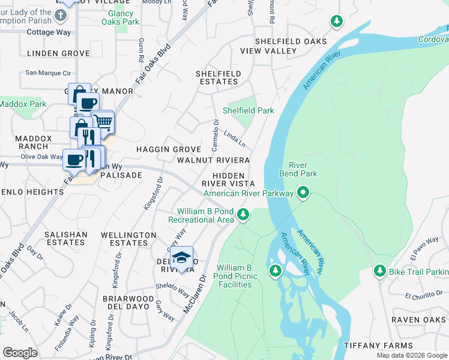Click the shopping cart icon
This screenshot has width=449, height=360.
[x=103, y=122]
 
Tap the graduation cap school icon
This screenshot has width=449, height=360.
[x=182, y=257]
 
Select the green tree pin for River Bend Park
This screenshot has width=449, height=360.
[x=304, y=193]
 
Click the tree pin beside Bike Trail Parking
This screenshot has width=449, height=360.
[x=379, y=271]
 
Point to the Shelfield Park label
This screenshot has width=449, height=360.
[x=248, y=110]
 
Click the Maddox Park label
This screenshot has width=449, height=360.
[x=22, y=104]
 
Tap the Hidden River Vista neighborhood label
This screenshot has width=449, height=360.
[x=228, y=178]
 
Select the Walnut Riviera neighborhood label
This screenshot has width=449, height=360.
[x=213, y=160]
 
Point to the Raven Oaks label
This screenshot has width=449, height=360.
[x=418, y=320]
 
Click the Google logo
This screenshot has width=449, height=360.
[x=20, y=352]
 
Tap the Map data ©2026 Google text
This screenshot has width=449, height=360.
[x=411, y=355]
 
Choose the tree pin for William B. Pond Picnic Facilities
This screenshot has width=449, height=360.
[x=276, y=271]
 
